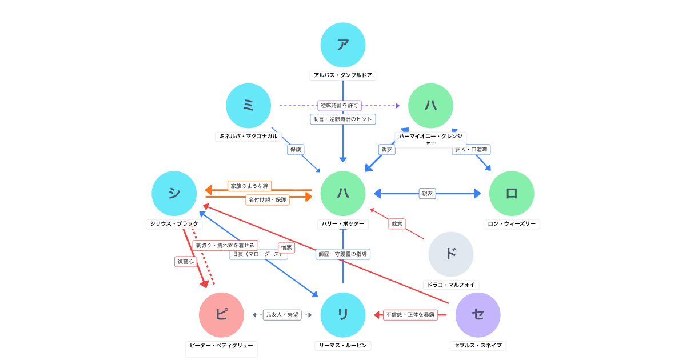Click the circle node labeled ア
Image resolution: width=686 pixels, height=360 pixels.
coord(343,45)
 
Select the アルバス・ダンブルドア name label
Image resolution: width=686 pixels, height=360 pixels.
coord(343,75)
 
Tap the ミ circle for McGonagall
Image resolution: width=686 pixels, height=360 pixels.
coord(248,106)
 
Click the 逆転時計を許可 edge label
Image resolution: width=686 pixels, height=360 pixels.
coord(340,106)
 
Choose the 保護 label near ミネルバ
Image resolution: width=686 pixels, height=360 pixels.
coord(296,150)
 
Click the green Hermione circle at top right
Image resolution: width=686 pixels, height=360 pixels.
coord(430,106)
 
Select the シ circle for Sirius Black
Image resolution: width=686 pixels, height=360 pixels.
coord(174,194)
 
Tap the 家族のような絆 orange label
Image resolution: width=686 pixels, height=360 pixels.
coord(249,186)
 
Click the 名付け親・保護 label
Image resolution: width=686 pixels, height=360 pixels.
coord(268,200)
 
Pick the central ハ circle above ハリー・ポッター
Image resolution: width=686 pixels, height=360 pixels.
coord(343,194)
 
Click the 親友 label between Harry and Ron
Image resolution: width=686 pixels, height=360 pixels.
coord(427,194)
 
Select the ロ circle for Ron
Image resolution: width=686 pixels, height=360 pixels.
coord(512,194)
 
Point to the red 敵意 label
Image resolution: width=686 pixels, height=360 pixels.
coord(397,224)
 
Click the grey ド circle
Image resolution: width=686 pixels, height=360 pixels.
coord(451,254)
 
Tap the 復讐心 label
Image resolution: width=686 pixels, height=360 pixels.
coord(186,262)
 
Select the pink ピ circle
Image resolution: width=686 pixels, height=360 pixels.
coord(221,315)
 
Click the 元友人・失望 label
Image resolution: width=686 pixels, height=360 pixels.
coord(282,315)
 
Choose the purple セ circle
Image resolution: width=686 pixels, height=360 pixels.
coord(478,315)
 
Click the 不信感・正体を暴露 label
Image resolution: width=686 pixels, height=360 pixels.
coord(410,315)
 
